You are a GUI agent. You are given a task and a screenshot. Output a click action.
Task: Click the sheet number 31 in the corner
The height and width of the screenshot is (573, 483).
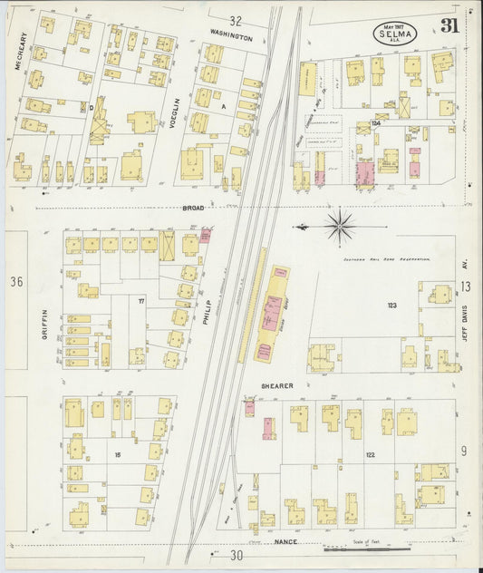tap(450, 26)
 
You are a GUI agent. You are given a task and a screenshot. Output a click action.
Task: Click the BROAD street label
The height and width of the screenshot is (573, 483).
tap(193, 208)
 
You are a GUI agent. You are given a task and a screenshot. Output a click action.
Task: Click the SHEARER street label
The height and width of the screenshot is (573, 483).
tap(276, 385)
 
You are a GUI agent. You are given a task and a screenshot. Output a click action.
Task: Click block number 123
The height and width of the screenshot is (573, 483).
tap(392, 306)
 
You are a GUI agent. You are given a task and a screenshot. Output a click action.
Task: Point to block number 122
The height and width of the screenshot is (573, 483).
tap(370, 455)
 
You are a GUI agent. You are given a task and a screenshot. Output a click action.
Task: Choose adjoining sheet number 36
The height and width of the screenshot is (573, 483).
tap(15, 282)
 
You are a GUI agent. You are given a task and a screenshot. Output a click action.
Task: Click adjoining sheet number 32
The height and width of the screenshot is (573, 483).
tap(236, 20)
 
